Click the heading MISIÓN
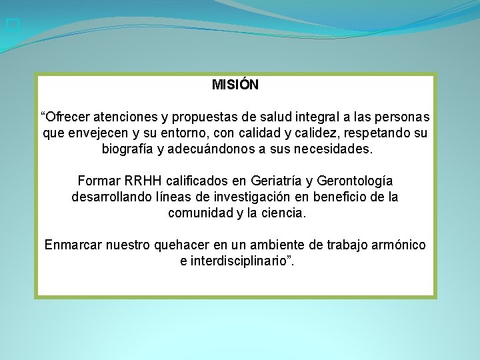click(x=235, y=85)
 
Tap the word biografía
click(x=127, y=149)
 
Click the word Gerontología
click(x=354, y=181)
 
